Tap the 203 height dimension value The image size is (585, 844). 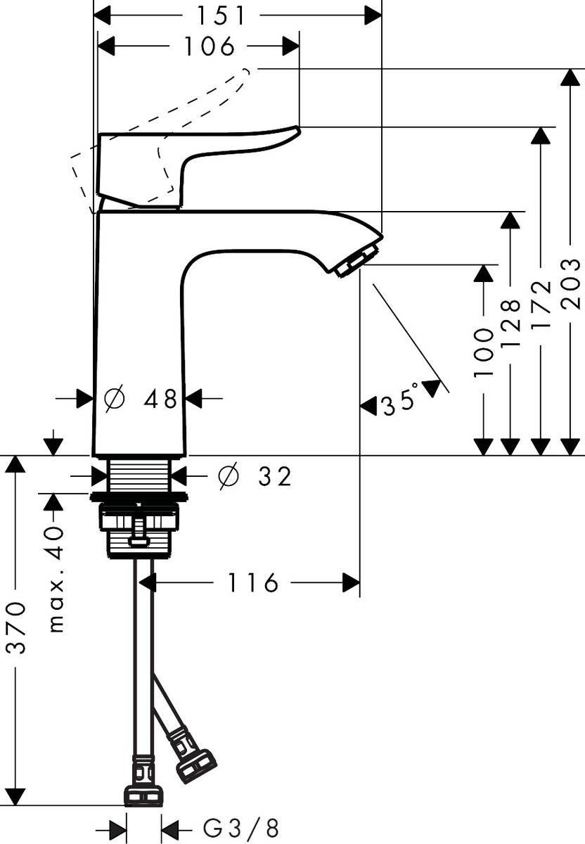click(572, 283)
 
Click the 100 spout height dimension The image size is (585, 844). click(484, 352)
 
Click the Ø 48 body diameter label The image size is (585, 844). click(141, 399)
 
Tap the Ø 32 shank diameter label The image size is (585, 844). click(255, 477)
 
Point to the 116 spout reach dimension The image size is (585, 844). click(252, 582)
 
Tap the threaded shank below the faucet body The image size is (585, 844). click(141, 475)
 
